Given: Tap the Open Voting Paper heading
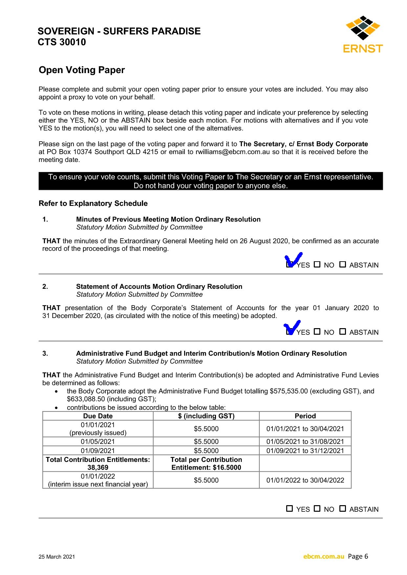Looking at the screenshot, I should pyautogui.click(x=82, y=70).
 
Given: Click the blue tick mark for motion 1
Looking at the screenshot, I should pyautogui.click(x=294, y=260).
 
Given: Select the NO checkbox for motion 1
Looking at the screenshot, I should pyautogui.click(x=317, y=265).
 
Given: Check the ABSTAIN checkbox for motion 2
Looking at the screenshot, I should pyautogui.click(x=343, y=332).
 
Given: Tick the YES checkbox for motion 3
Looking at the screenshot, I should pyautogui.click(x=289, y=509).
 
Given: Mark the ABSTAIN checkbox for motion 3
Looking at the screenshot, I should pyautogui.click(x=343, y=509).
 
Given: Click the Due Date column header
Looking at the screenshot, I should pyautogui.click(x=98, y=416).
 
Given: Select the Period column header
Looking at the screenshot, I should pyautogui.click(x=305, y=416).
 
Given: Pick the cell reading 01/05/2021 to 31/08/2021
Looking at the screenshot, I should pyautogui.click(x=305, y=442).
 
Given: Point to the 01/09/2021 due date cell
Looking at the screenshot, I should pyautogui.click(x=98, y=451).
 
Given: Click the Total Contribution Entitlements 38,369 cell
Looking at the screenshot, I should pyautogui.click(x=98, y=464).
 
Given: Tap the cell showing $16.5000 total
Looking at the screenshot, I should pyautogui.click(x=206, y=464).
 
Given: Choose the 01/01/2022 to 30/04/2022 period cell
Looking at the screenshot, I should pyautogui.click(x=305, y=480).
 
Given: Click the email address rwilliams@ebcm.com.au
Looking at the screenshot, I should pyautogui.click(x=233, y=152).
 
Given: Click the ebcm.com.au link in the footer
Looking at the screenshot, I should pyautogui.click(x=324, y=556).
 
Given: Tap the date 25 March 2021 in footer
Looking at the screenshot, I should pyautogui.click(x=57, y=557).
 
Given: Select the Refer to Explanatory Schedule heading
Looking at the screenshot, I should pyautogui.click(x=93, y=204).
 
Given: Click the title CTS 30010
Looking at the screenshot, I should pyautogui.click(x=62, y=42).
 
